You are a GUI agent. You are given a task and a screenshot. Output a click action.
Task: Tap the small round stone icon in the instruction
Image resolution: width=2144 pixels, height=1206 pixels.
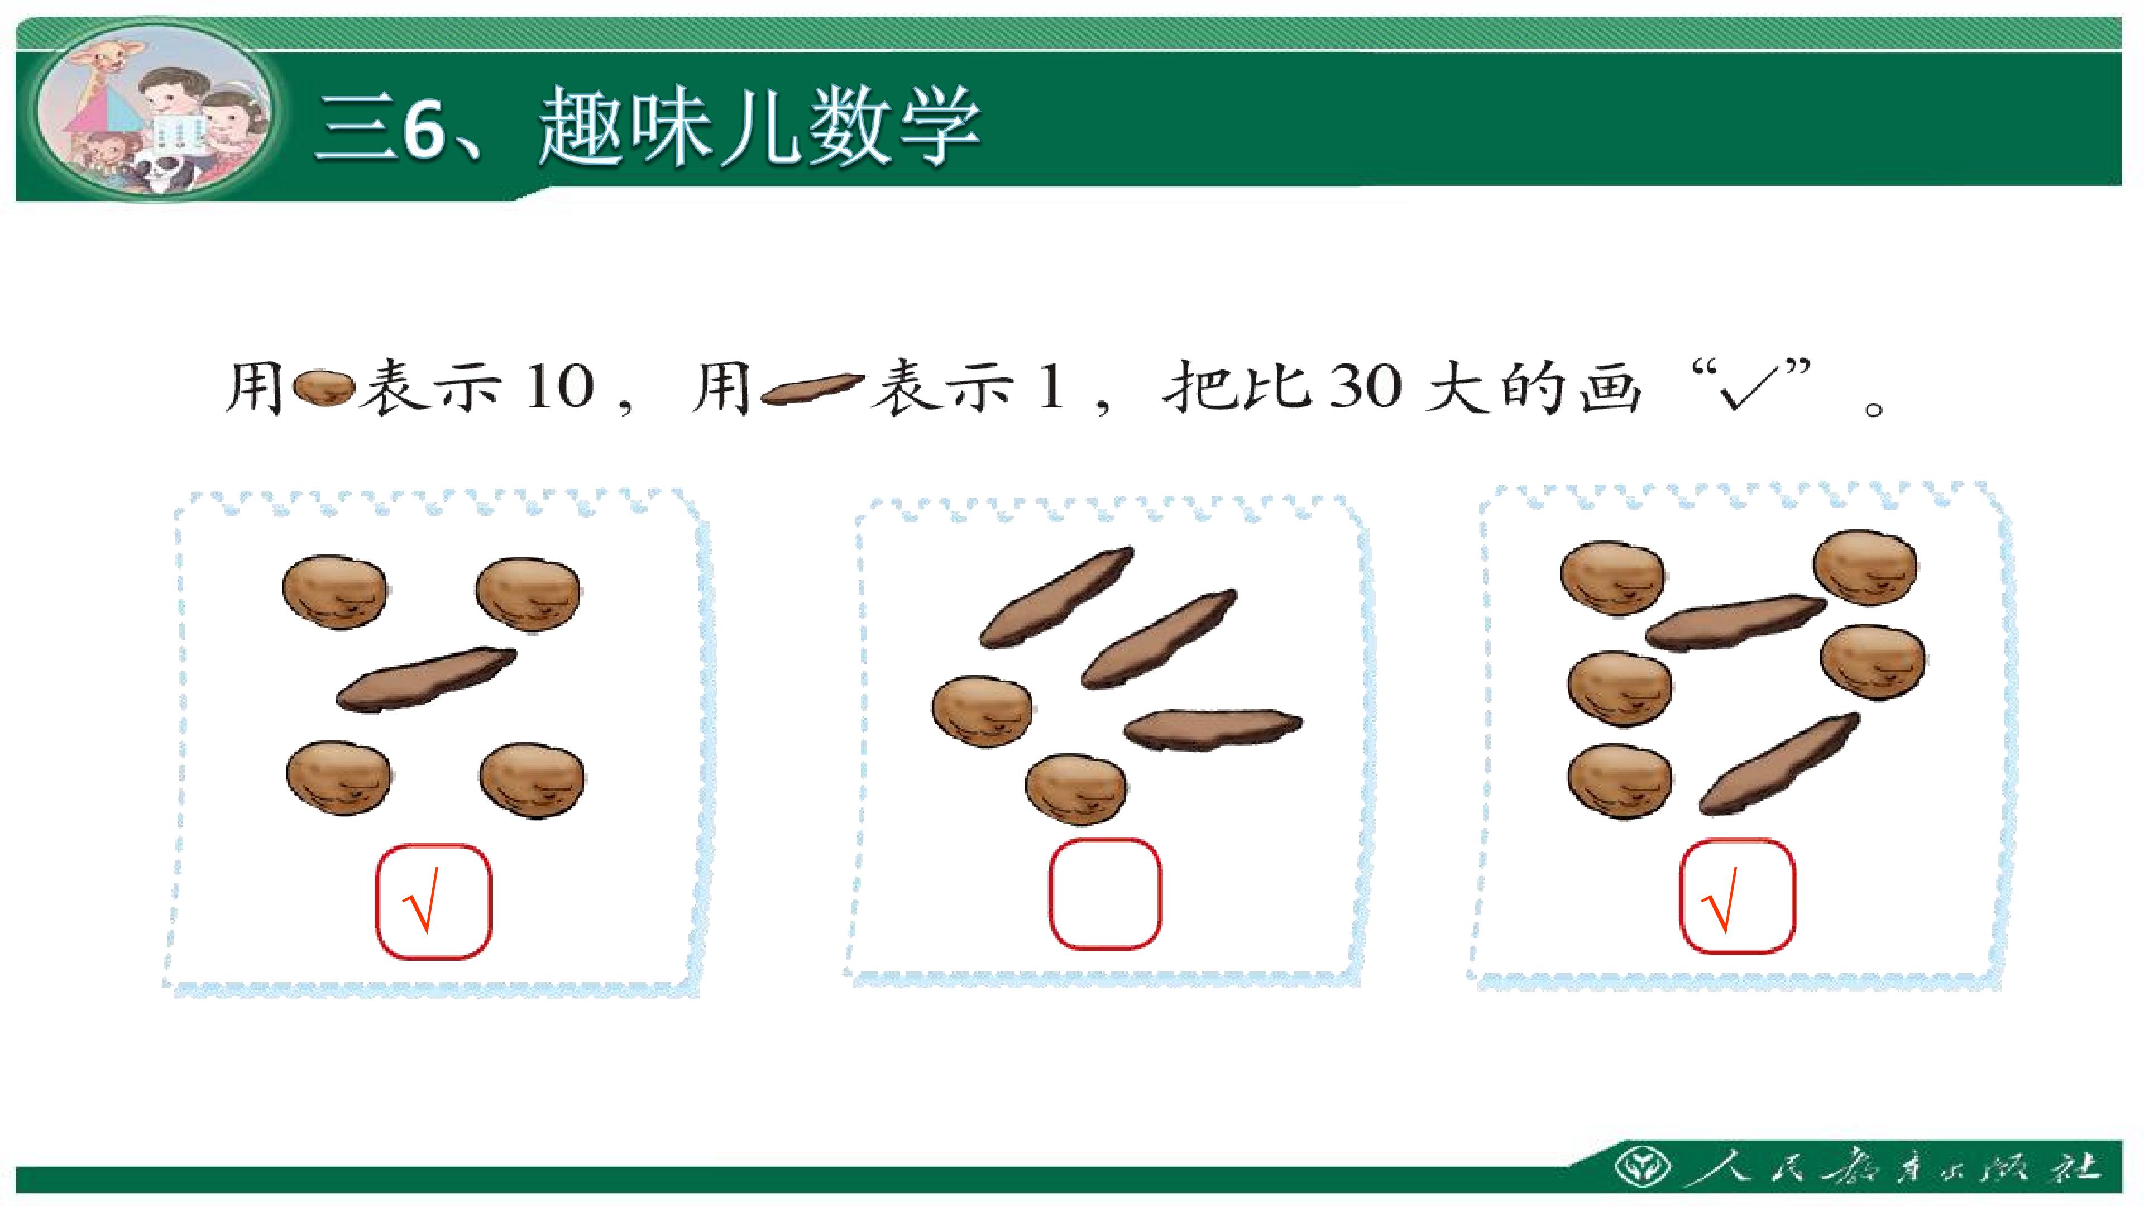pyautogui.click(x=326, y=388)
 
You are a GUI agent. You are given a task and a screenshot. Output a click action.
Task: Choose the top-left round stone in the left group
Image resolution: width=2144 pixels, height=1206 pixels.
pyautogui.click(x=334, y=592)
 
